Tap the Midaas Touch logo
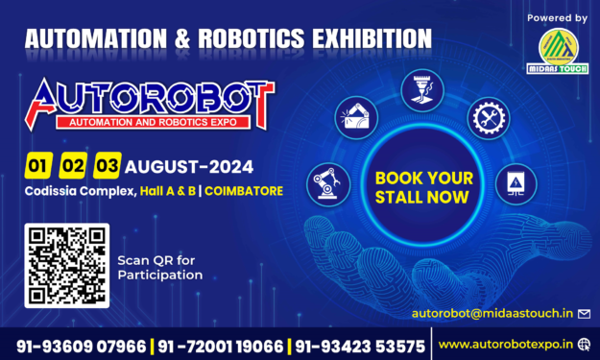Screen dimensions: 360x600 click(558, 48)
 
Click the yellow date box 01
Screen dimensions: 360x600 click(38, 165)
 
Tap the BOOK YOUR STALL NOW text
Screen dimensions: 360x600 click(423, 187)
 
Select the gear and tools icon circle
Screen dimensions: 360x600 click(487, 119)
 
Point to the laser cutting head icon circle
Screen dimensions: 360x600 click(422, 88)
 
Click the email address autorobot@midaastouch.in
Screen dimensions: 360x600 click(492, 313)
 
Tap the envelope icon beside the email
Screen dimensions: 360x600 click(583, 313)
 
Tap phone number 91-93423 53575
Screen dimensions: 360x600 click(360, 344)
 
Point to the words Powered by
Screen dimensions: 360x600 click(558, 17)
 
